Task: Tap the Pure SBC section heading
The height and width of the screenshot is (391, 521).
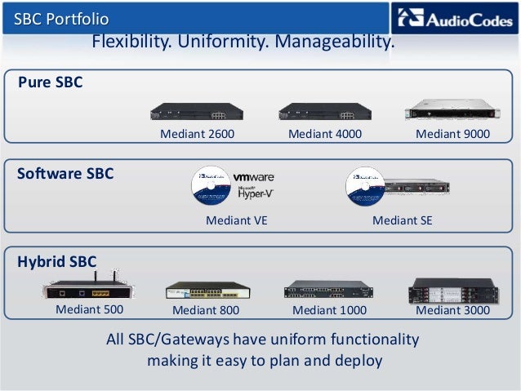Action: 51,82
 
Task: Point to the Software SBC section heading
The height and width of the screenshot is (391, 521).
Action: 65,174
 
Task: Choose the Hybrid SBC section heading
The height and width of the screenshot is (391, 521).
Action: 57,262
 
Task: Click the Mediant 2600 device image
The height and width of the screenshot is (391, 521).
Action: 195,112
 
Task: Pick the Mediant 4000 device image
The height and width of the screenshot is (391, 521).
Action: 324,112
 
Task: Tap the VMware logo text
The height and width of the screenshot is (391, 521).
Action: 254,176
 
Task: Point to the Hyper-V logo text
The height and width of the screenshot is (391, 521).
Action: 254,192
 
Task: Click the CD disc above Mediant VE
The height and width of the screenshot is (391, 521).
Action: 212,188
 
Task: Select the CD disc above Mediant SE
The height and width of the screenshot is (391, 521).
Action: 366,188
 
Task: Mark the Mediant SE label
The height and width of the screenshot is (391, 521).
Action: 402,220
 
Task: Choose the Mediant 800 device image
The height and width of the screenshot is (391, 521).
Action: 207,291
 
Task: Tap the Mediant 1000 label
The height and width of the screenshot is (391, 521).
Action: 329,311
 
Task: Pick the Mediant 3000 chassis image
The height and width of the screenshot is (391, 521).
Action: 452,290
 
